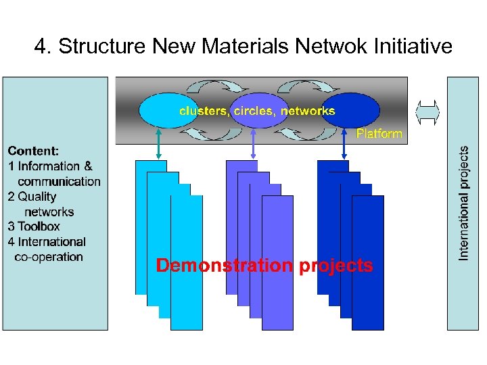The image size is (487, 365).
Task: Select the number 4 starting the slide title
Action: tap(43, 47)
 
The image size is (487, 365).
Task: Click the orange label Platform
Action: tap(379, 134)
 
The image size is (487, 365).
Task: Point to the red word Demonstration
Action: tap(225, 266)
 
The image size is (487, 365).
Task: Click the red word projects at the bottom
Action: tap(335, 266)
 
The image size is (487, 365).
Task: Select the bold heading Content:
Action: tap(33, 151)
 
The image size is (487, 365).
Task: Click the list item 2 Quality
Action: tap(32, 197)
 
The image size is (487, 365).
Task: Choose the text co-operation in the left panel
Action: tap(48, 257)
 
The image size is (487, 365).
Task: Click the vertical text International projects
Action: tap(464, 203)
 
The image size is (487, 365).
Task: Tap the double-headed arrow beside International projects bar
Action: tap(427, 112)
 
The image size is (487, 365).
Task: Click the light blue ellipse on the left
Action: tap(158, 110)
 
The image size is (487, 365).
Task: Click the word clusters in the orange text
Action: tap(203, 110)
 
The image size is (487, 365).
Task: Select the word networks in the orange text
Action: tap(308, 110)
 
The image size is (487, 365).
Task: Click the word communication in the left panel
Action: tap(59, 181)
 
